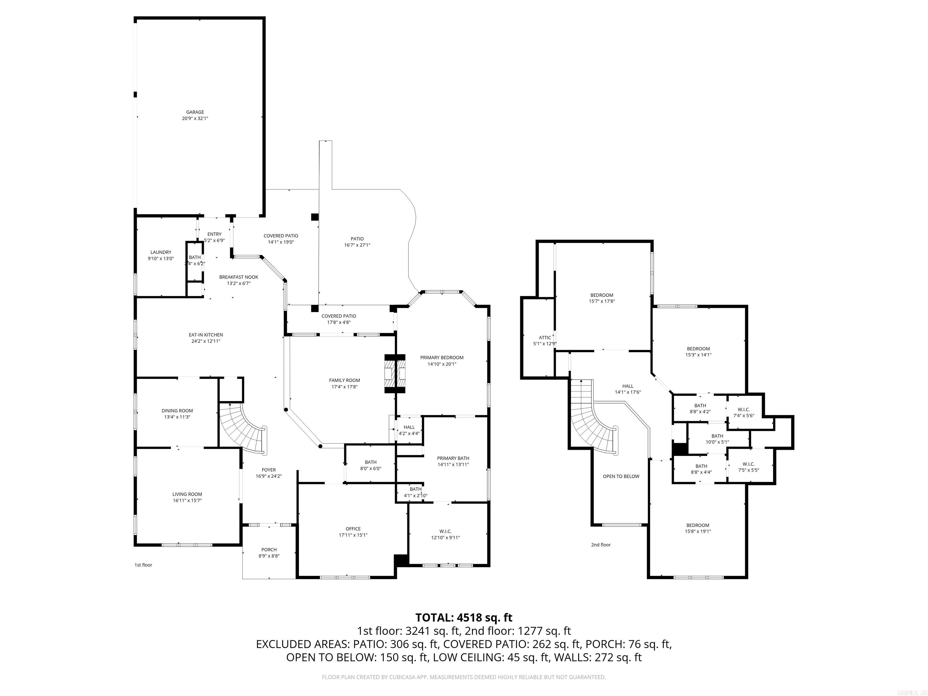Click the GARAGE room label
(195, 112)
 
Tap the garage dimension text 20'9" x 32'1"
(195, 119)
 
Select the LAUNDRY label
(161, 252)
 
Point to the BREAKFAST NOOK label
(239, 277)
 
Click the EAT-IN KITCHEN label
(206, 335)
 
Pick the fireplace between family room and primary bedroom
(395, 373)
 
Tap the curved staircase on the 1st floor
(243, 430)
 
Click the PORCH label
(269, 549)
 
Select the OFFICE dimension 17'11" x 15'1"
(353, 535)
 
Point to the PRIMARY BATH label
(453, 458)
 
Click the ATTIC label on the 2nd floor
(545, 337)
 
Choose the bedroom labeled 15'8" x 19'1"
(698, 528)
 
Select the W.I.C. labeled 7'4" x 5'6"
(743, 412)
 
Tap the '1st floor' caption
(143, 565)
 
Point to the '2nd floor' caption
(601, 545)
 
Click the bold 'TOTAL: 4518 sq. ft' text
(464, 617)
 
